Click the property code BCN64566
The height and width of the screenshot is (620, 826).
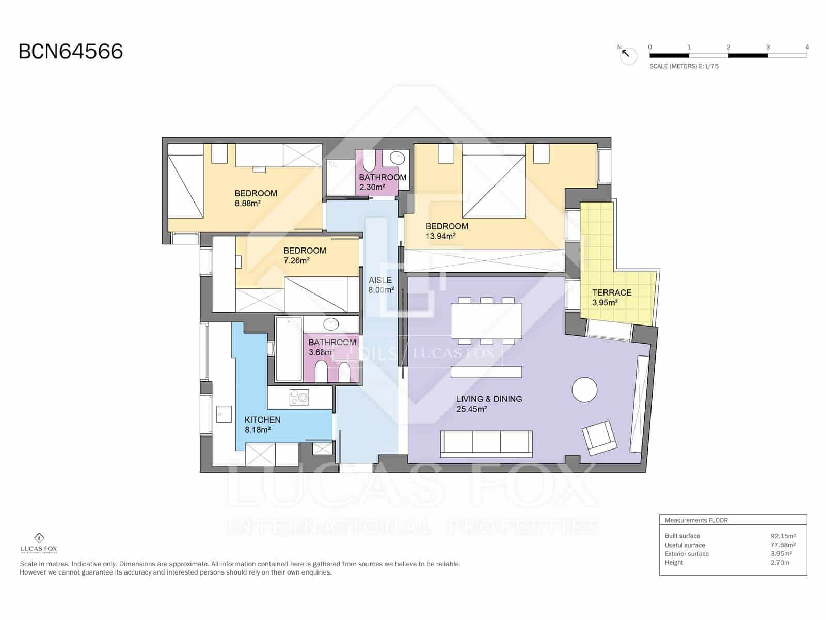coord(71,52)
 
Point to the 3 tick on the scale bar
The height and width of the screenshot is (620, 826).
coord(768,48)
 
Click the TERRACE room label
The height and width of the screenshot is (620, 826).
coord(612,292)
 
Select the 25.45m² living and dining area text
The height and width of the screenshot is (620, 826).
coord(472,409)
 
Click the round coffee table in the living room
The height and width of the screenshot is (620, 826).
coord(584,390)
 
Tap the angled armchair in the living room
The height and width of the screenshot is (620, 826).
coord(599,438)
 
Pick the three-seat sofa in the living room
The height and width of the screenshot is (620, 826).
coord(486,444)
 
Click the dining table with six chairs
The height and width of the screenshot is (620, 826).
coord(486,321)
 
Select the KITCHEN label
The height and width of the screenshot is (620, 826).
coord(262,420)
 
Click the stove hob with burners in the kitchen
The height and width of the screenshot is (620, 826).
coord(299,397)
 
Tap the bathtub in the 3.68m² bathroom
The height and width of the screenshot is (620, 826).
coord(289,349)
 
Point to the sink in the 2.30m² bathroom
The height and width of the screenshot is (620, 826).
coord(396,157)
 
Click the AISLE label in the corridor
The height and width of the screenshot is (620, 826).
coord(380,280)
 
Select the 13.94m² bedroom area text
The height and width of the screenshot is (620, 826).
coord(440,236)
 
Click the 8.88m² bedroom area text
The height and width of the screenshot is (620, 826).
coord(247,204)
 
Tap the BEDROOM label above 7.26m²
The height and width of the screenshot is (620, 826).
coord(305,251)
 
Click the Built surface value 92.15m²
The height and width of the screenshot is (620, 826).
coord(783,536)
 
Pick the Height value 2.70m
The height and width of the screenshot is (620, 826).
coord(780,562)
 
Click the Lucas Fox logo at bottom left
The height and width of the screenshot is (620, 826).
coord(39,542)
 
